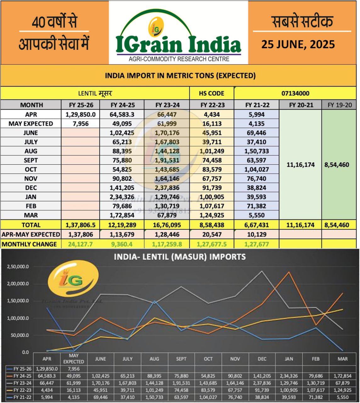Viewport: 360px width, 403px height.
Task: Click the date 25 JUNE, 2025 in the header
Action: (x=298, y=44)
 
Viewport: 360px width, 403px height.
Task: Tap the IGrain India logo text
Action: (x=178, y=44)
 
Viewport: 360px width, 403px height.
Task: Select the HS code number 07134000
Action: (x=295, y=94)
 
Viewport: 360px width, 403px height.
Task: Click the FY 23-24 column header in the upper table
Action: (x=167, y=105)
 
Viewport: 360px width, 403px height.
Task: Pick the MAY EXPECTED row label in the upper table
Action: (x=31, y=124)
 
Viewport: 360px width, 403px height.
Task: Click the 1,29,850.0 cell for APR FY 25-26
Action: (x=81, y=115)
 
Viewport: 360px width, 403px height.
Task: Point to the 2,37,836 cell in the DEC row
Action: (x=167, y=188)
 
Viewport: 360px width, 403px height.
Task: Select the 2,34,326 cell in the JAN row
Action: (x=122, y=197)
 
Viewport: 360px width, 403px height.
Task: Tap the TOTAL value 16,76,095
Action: (x=167, y=225)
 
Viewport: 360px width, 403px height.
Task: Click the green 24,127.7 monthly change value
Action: (x=80, y=244)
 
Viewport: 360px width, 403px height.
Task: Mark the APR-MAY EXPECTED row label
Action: (x=31, y=235)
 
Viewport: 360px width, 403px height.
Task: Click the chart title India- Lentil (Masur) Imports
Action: (x=180, y=257)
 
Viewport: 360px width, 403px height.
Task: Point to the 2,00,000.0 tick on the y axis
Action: (x=18, y=284)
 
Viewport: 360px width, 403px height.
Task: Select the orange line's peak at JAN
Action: (x=289, y=272)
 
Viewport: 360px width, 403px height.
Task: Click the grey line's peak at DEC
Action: (x=262, y=271)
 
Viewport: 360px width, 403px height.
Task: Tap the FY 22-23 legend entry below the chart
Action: (x=20, y=390)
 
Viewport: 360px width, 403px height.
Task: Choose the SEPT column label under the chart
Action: (x=181, y=359)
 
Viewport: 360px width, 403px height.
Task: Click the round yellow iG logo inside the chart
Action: (x=73, y=279)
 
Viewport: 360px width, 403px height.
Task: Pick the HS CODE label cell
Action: (x=211, y=94)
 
